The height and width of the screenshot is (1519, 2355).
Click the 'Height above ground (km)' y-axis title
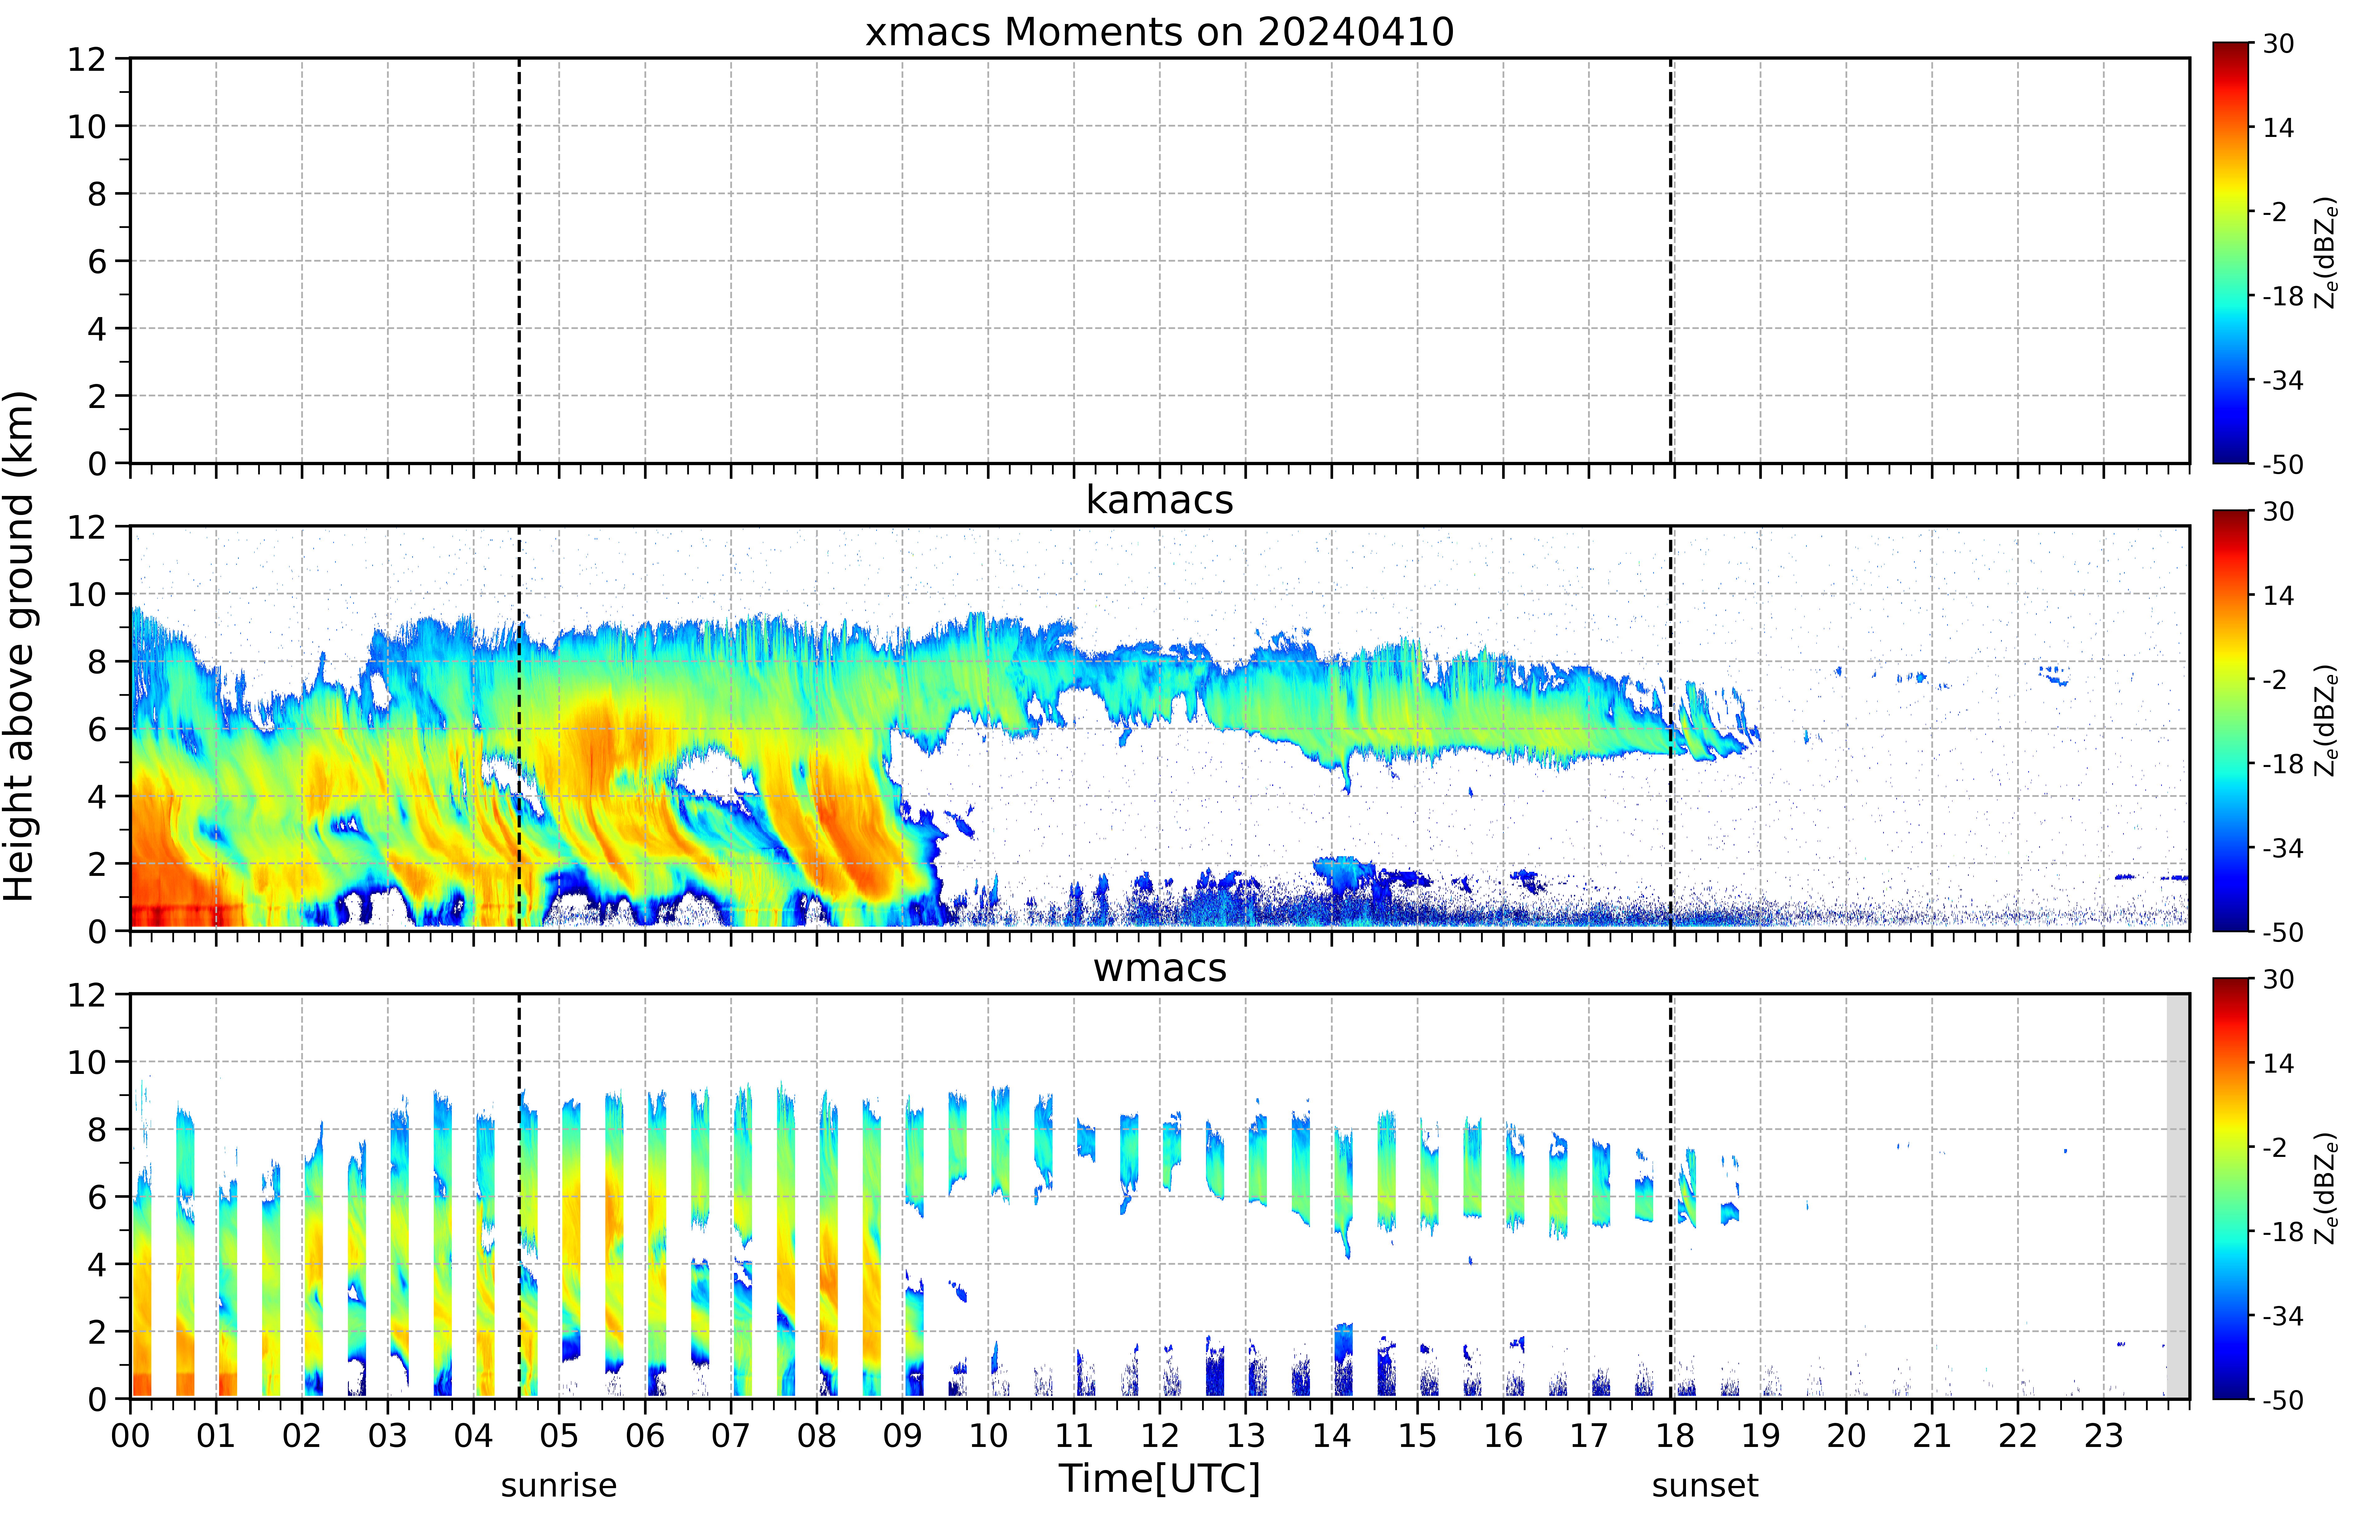[20, 646]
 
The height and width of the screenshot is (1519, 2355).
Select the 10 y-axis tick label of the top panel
[87, 126]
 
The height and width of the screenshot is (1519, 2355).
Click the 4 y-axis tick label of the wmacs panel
[97, 1264]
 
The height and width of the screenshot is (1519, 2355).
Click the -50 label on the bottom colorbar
[2282, 1400]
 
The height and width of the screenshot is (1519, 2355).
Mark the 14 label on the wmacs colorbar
[2278, 1063]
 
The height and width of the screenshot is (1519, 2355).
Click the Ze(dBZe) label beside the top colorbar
[2325, 253]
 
